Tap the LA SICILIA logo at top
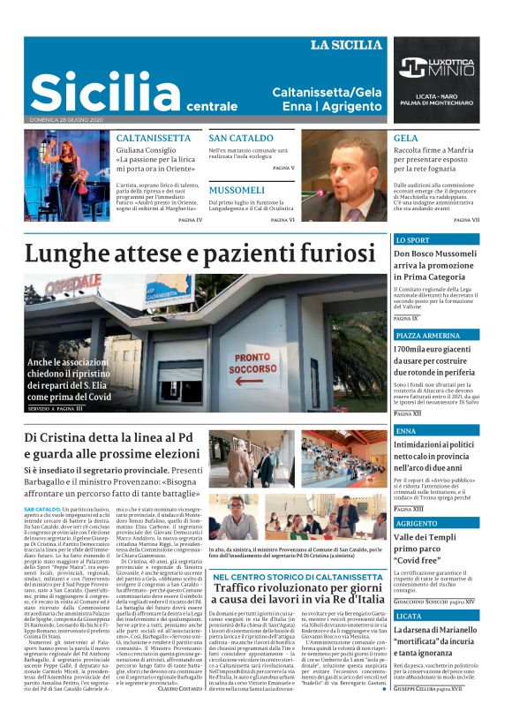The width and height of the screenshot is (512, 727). pos(346,45)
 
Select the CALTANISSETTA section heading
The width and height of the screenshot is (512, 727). pos(154,139)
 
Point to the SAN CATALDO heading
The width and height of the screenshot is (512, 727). pos(241,139)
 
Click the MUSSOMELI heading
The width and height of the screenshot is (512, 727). pos(237,189)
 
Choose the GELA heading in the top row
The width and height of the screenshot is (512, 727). pos(406,139)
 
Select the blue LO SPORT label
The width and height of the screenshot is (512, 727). pos(412,239)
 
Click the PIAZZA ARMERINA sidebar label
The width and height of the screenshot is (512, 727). pos(427,336)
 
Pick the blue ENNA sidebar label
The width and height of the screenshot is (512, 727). pos(406,430)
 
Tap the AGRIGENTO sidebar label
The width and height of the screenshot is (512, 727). pos(417,523)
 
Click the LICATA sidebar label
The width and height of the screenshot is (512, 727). pos(410,615)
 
